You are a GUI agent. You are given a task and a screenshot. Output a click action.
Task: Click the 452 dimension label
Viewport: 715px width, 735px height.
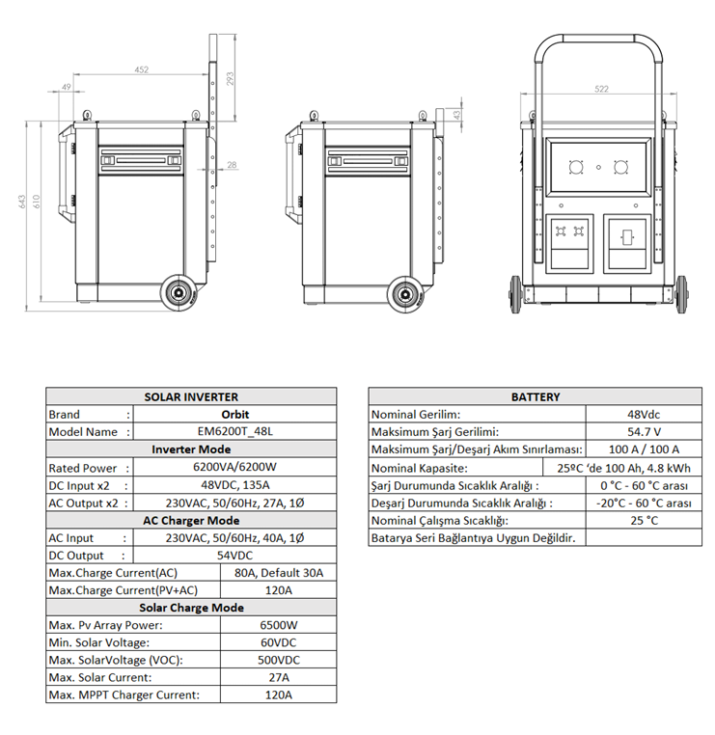coord(141,69)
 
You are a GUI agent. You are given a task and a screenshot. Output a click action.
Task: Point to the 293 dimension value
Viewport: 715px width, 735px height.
coord(230,78)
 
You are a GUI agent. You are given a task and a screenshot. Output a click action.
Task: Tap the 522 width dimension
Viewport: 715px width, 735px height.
coord(601,89)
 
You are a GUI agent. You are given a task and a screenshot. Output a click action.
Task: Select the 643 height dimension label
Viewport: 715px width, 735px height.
coord(22,202)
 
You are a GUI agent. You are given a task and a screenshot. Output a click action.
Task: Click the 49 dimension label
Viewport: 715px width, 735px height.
coord(67,87)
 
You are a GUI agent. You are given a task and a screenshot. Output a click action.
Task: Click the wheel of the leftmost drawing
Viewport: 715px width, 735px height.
coord(179,293)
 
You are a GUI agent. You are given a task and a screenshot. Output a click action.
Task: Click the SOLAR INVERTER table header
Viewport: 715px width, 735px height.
coord(191,397)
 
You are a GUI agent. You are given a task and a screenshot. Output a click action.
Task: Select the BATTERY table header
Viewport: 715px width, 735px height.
coord(536,397)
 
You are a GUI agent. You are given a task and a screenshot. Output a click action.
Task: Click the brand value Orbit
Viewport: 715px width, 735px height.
coord(234,415)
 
